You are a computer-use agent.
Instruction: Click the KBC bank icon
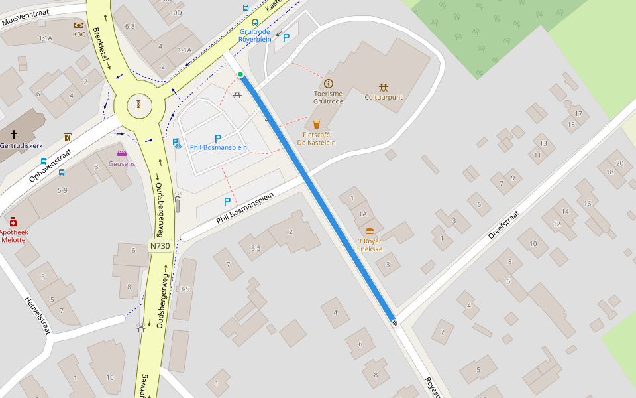click(79, 25)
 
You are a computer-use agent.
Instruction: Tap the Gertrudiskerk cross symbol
click(13, 134)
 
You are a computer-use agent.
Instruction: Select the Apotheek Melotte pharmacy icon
click(13, 222)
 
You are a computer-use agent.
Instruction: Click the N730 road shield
click(160, 246)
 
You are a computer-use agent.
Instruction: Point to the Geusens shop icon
click(121, 154)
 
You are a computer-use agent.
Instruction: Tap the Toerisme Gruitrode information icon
click(328, 84)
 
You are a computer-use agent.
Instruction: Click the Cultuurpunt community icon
click(384, 87)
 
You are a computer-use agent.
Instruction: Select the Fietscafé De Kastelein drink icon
click(316, 124)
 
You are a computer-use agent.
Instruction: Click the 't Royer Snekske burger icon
click(370, 232)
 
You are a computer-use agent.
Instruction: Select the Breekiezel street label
click(101, 48)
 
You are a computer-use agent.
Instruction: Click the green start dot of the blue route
click(240, 74)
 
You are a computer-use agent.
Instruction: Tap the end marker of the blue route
click(395, 323)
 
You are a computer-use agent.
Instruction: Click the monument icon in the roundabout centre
click(138, 105)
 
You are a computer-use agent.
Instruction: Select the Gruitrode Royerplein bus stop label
click(256, 35)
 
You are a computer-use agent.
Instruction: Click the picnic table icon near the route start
click(237, 95)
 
